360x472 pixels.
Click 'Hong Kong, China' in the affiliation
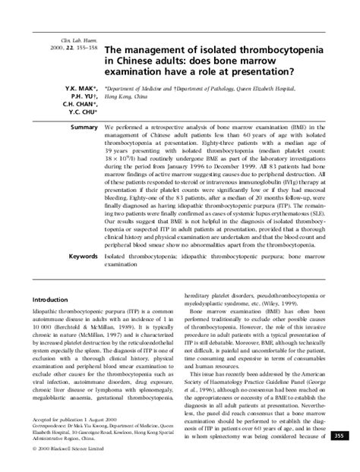coord(127,96)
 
